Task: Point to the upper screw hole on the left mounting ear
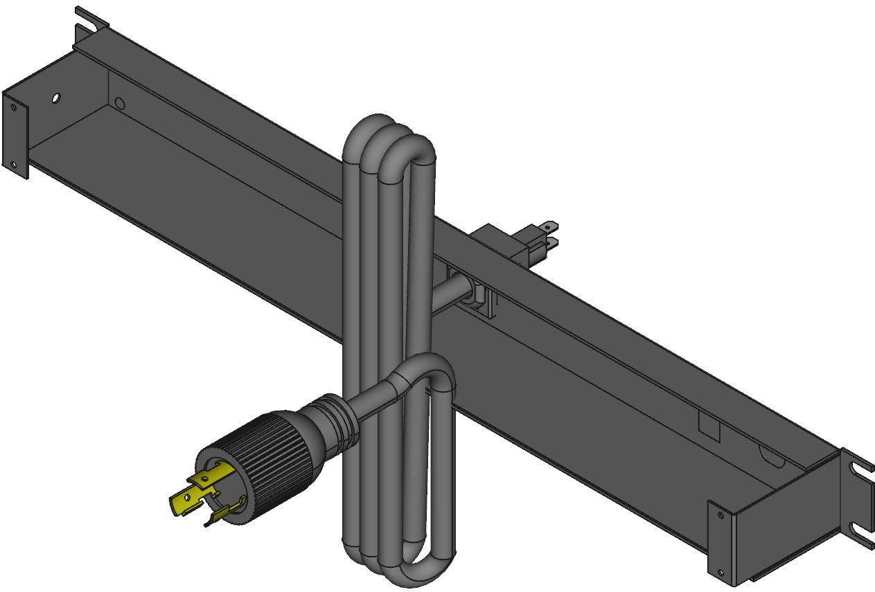click(13, 107)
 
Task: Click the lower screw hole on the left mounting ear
click(13, 164)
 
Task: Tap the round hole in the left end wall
click(56, 98)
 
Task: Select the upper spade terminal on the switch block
click(548, 226)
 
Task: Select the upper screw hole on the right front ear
click(721, 515)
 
